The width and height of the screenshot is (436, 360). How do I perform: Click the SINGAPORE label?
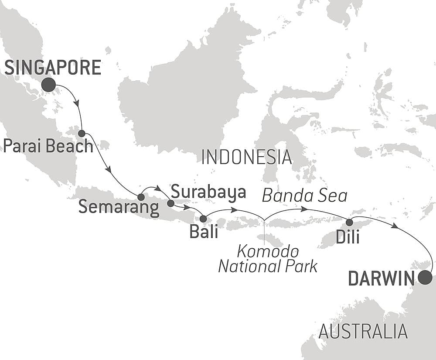click(53, 68)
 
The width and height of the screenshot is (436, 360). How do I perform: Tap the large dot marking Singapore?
click(48, 85)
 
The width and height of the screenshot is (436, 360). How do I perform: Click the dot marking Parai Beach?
click(82, 133)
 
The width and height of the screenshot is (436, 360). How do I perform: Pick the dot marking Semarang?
click(141, 197)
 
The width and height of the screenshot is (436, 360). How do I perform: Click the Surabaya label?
click(208, 192)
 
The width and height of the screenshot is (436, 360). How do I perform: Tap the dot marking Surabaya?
click(170, 203)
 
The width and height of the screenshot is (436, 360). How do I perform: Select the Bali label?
click(204, 232)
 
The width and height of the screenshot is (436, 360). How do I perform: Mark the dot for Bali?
click(203, 219)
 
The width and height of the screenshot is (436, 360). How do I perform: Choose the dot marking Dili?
click(349, 223)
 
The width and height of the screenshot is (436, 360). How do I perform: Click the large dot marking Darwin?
click(425, 278)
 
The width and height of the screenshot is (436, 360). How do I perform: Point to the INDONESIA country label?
click(246, 157)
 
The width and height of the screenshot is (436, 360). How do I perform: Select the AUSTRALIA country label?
click(363, 332)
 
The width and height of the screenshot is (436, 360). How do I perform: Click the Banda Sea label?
click(304, 196)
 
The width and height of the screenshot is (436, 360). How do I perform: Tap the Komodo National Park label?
click(268, 259)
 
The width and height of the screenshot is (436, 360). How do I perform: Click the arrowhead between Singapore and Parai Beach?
click(77, 104)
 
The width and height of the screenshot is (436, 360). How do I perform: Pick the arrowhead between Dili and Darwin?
click(395, 226)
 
